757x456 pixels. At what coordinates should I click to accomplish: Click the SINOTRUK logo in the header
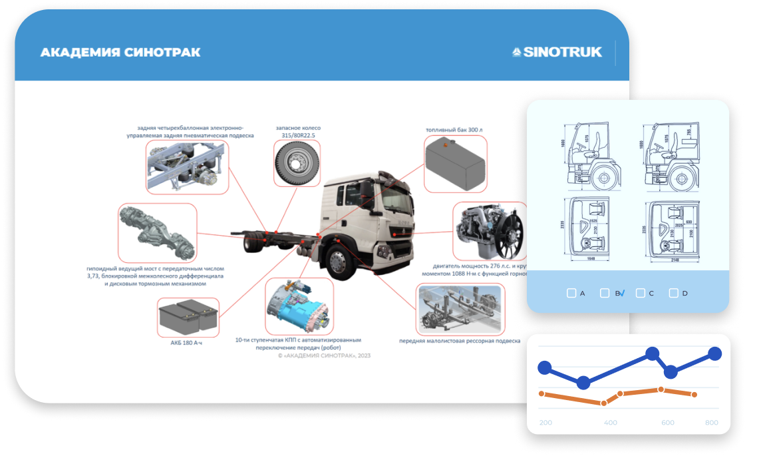pos(557,52)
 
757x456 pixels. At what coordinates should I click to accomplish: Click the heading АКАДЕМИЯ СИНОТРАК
pos(120,53)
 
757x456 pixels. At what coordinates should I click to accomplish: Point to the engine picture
pos(488,231)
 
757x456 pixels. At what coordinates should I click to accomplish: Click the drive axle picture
pos(157,232)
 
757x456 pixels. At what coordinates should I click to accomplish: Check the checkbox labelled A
pos(571,293)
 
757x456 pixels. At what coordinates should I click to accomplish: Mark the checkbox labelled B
pos(605,293)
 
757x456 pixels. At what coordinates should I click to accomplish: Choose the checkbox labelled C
pos(641,293)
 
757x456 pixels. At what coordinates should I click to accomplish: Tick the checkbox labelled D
pos(673,293)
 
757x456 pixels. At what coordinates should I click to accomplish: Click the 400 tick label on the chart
pos(610,423)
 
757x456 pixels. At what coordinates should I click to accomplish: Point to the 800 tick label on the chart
pos(712,423)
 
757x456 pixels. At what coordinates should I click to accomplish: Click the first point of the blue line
pos(545,367)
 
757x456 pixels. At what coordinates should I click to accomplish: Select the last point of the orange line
pos(694,395)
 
